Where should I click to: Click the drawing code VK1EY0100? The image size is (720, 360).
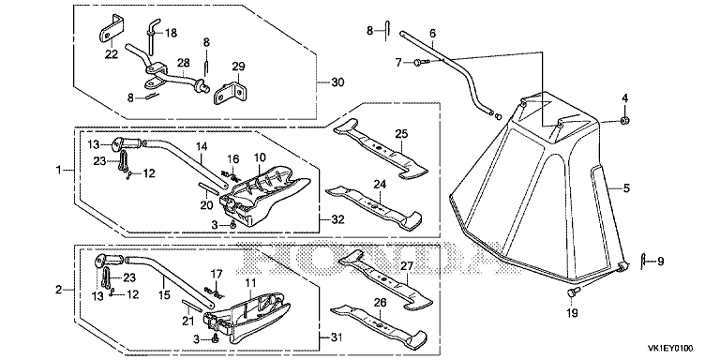(670, 349)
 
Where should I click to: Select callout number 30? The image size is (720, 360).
(337, 82)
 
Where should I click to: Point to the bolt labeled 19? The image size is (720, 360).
(572, 292)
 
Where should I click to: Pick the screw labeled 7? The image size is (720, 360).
(420, 62)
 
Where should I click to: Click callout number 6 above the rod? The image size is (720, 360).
(432, 34)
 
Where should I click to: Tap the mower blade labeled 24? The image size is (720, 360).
(373, 206)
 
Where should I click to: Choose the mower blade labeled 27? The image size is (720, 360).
(384, 280)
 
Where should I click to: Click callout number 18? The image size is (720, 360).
(171, 33)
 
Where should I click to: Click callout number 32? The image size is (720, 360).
(337, 219)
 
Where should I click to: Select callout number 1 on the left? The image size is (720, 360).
(58, 171)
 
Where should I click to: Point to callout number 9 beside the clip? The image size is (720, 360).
(660, 262)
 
